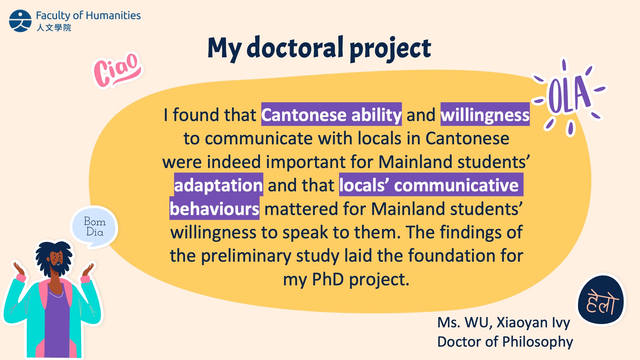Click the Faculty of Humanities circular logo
pos(20,21)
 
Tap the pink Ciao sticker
pos(117,70)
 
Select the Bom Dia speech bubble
pos(94,227)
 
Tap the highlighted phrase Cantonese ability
pos(331,114)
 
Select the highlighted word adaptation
pos(219,185)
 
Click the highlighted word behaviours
pos(214,209)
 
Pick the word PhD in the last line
pos(328,279)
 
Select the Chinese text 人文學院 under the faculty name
pos(54,27)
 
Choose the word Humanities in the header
pos(113,15)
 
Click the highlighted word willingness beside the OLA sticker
pos(485,114)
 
